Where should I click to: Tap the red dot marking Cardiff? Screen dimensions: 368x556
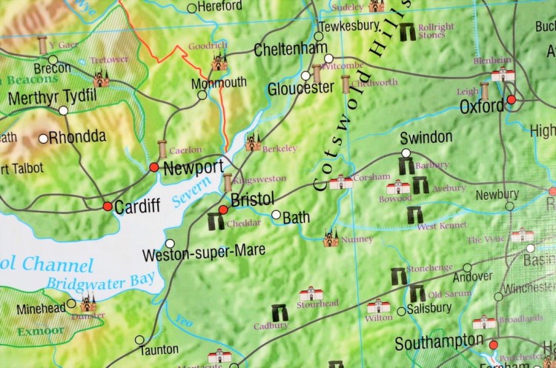pyautogui.click(x=107, y=206)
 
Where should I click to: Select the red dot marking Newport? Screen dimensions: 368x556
pyautogui.click(x=153, y=167)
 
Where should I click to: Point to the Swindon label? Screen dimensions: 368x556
pyautogui.click(x=426, y=138)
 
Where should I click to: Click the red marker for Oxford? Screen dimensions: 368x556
pyautogui.click(x=511, y=100)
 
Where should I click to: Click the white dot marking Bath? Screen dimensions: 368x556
pyautogui.click(x=277, y=215)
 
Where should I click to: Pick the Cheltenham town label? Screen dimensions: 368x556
pyautogui.click(x=290, y=50)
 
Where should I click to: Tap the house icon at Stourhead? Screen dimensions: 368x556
pyautogui.click(x=311, y=294)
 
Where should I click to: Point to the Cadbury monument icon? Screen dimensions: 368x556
pyautogui.click(x=281, y=312)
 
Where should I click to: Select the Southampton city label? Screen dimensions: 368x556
pyautogui.click(x=439, y=344)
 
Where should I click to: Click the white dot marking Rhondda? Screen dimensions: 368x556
pyautogui.click(x=44, y=138)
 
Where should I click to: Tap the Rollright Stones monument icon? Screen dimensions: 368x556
pyautogui.click(x=407, y=32)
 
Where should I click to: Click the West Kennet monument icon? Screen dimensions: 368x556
pyautogui.click(x=414, y=215)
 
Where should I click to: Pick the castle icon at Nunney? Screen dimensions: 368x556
pyautogui.click(x=331, y=238)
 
